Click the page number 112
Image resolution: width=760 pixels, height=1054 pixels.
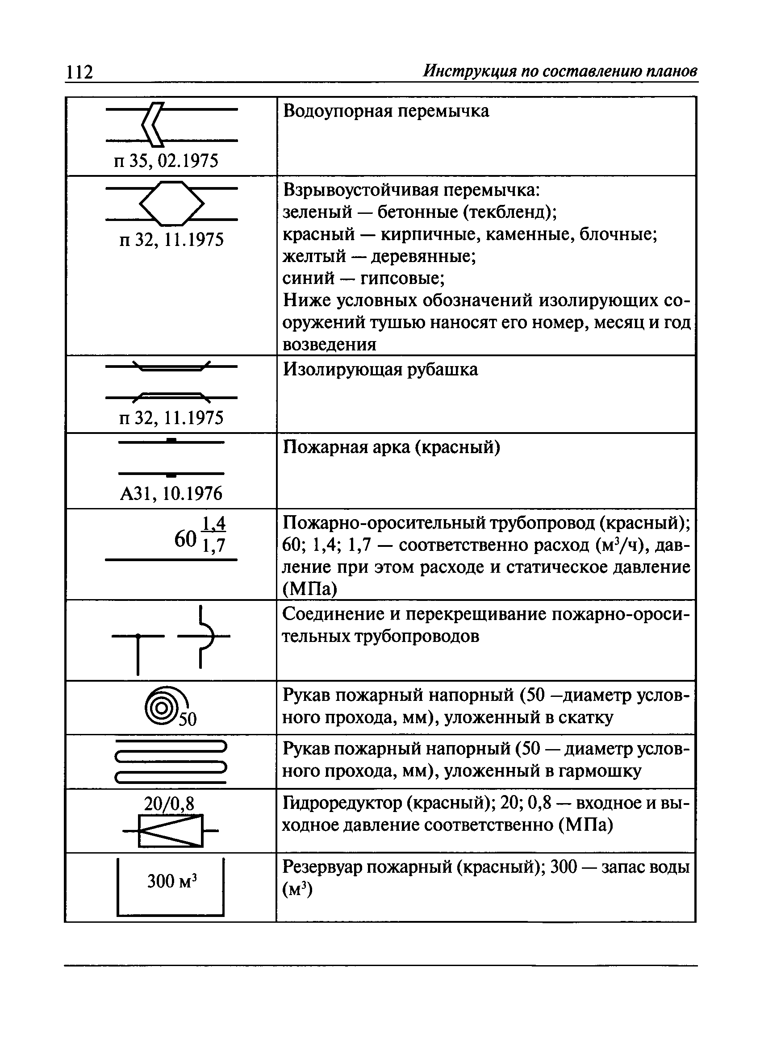[x=79, y=72]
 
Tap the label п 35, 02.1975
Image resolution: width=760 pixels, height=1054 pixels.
[x=166, y=161]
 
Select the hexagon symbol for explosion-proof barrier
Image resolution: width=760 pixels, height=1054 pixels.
[x=171, y=204]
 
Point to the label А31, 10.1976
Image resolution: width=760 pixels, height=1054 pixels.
[x=171, y=494]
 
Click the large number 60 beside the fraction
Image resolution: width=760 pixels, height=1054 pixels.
[x=185, y=539]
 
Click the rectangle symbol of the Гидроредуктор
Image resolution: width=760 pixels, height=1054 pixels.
[x=171, y=830]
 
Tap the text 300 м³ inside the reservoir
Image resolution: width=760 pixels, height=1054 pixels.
[x=172, y=881]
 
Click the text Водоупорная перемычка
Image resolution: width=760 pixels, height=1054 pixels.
[x=386, y=112]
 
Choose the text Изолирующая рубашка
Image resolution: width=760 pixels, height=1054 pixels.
[x=380, y=370]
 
